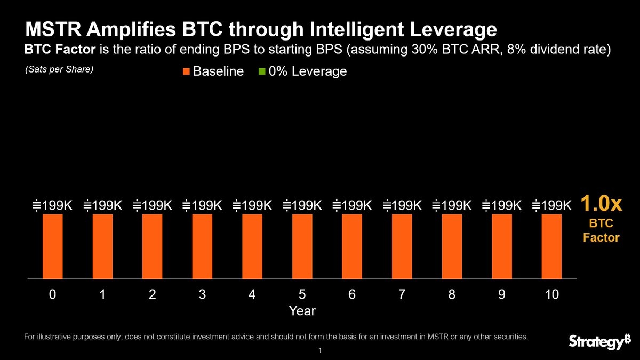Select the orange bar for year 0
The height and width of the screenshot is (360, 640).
pyautogui.click(x=52, y=246)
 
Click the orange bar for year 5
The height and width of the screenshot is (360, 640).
pyautogui.click(x=302, y=246)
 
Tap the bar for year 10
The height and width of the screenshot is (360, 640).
pyautogui.click(x=551, y=246)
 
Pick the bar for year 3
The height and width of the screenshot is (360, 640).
pyautogui.click(x=202, y=246)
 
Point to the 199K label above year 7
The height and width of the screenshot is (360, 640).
pyautogui.click(x=402, y=205)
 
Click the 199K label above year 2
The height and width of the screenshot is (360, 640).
pyautogui.click(x=152, y=205)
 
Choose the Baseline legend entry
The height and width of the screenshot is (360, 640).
pyautogui.click(x=213, y=71)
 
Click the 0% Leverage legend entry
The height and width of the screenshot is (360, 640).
pyautogui.click(x=302, y=71)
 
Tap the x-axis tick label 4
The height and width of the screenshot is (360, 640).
pyautogui.click(x=252, y=294)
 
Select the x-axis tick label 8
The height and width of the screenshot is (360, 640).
pyautogui.click(x=452, y=294)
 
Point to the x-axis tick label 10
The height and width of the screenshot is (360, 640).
pyautogui.click(x=551, y=294)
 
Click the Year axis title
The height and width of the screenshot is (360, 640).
pyautogui.click(x=302, y=311)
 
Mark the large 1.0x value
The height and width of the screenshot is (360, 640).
pyautogui.click(x=601, y=203)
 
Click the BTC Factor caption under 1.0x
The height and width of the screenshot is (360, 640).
pyautogui.click(x=601, y=231)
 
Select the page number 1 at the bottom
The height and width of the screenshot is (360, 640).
pyautogui.click(x=319, y=351)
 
